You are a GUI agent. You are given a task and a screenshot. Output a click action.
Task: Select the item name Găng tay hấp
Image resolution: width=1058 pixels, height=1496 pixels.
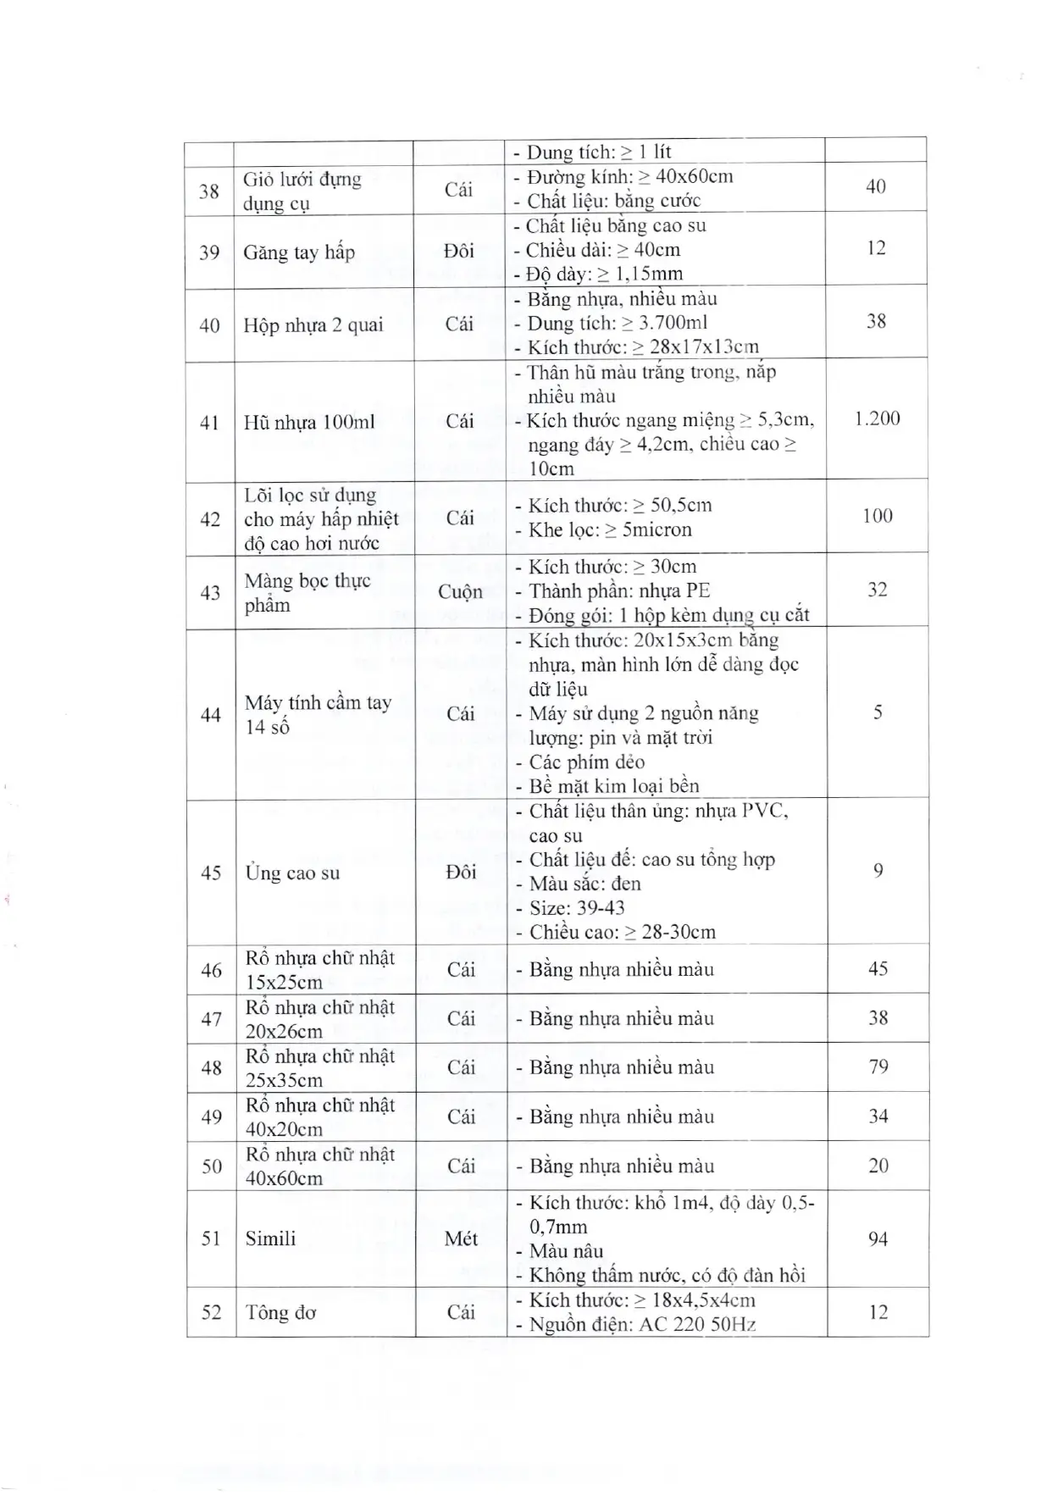tap(298, 252)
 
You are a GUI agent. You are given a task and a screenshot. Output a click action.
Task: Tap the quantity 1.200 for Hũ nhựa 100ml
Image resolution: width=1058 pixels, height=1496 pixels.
tap(877, 418)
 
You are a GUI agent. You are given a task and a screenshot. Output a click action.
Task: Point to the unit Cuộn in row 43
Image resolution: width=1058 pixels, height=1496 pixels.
tap(460, 591)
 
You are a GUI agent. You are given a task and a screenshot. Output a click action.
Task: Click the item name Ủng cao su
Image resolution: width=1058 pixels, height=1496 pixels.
tap(292, 873)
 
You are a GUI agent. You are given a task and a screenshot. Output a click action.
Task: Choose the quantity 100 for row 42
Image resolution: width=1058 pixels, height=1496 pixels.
tap(877, 516)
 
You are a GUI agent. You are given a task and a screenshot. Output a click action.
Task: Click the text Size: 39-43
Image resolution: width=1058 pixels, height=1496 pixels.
tap(577, 908)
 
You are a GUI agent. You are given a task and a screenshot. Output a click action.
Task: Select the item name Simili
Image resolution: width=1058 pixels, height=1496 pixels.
tap(270, 1238)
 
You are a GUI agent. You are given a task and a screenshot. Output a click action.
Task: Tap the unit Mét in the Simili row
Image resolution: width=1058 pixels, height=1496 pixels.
tap(461, 1238)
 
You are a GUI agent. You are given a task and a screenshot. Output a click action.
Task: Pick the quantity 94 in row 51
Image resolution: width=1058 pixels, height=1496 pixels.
tap(878, 1239)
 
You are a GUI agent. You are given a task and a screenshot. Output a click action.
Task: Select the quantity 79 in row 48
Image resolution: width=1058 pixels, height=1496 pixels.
tap(878, 1067)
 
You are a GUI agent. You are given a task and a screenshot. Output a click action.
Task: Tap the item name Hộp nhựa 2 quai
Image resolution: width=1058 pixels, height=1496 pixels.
tap(313, 325)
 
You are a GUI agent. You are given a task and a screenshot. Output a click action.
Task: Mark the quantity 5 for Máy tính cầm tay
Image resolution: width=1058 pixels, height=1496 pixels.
tap(878, 712)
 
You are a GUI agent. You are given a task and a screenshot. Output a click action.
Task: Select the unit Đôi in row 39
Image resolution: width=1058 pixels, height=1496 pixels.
tap(459, 251)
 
